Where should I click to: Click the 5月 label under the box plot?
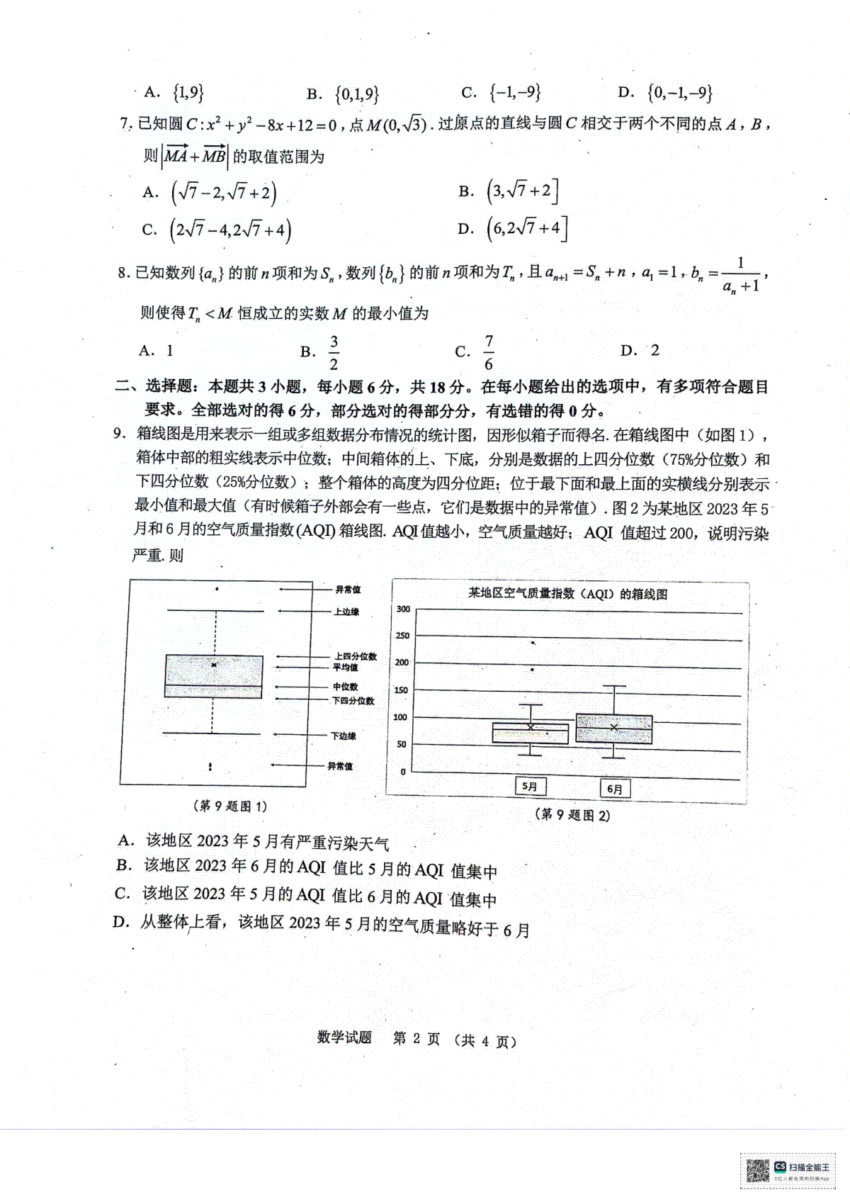pos(529,786)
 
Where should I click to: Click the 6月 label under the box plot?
pos(615,788)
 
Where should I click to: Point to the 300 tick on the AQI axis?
pos(403,609)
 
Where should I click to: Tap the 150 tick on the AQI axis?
pos(402,690)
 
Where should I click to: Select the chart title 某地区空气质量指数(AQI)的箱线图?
pos(567,594)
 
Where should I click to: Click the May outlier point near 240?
pos(533,643)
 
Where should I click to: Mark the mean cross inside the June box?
pos(614,727)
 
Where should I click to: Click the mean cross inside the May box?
pos(531,727)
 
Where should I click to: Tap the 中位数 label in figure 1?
pos(346,687)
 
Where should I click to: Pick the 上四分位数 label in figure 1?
pos(356,657)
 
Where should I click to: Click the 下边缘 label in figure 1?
pos(344,736)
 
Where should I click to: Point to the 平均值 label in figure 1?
pos(346,668)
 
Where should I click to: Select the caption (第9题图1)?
pos(229,806)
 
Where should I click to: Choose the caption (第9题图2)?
pos(572,814)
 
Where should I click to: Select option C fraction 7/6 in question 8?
pos(488,352)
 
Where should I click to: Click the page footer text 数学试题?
pos(344,1038)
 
